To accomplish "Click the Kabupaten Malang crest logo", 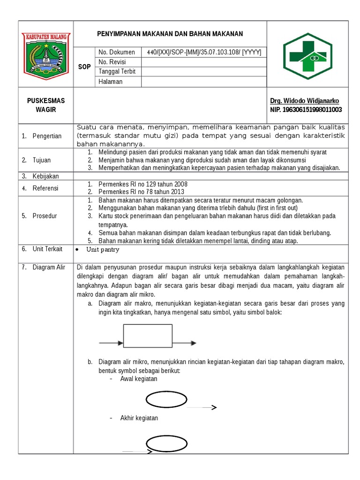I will [45, 54].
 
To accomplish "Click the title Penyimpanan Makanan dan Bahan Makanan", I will [170, 34].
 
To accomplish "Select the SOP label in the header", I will [84, 67].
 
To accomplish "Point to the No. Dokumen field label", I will [117, 52].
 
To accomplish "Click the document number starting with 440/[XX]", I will [204, 52].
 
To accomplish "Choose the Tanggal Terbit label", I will [117, 72].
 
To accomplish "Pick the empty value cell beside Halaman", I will [204, 82].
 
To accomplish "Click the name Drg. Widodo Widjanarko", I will [304, 101].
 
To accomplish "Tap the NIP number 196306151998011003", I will [306, 110].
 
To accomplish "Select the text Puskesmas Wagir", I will [46, 105].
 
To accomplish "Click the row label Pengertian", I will [47, 136].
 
